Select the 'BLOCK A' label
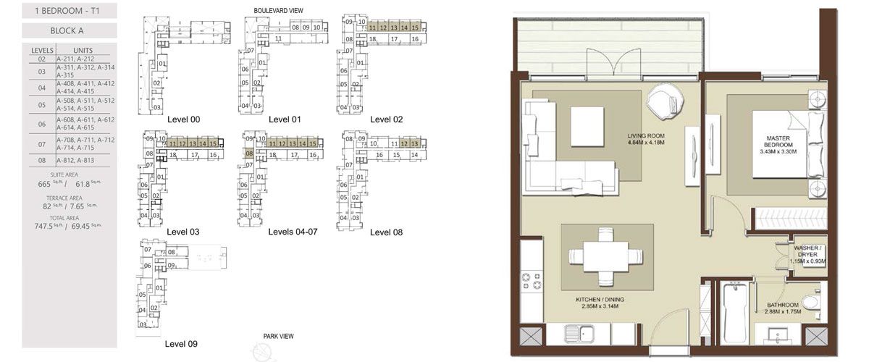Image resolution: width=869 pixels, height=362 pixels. [69, 31]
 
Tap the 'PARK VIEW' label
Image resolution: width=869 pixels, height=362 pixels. [279, 337]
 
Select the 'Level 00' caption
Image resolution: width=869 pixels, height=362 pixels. [183, 119]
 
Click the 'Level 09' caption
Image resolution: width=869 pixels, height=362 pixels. [181, 344]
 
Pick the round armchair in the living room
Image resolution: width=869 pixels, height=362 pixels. [664, 101]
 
